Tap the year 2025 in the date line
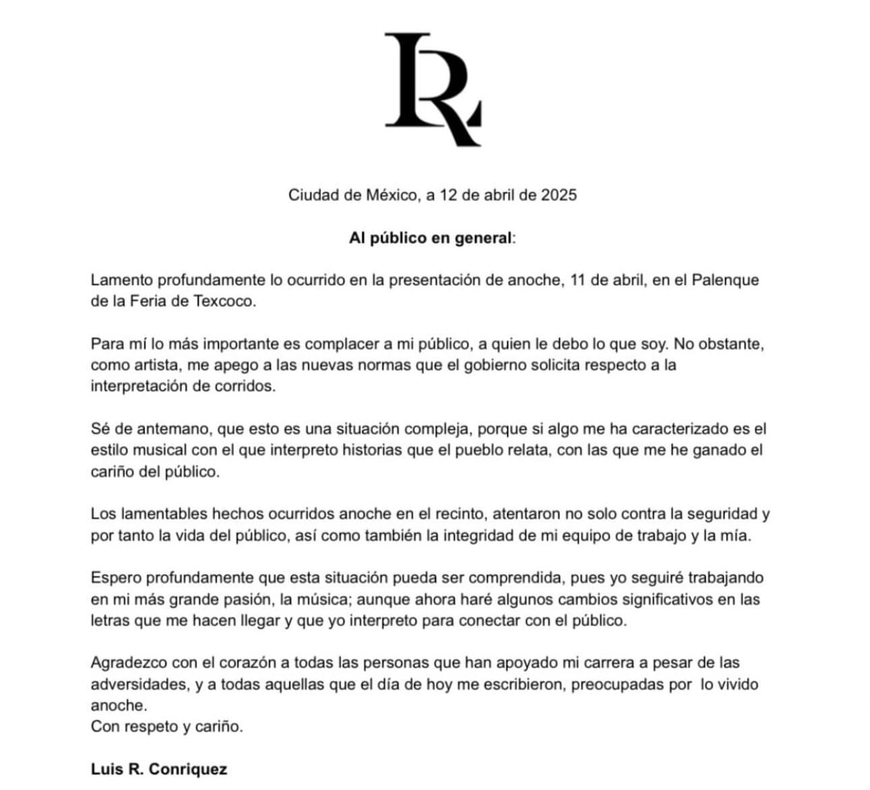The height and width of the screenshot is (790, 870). [x=559, y=195]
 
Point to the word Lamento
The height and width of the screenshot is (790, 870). [x=120, y=280]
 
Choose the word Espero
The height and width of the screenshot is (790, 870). [x=115, y=577]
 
